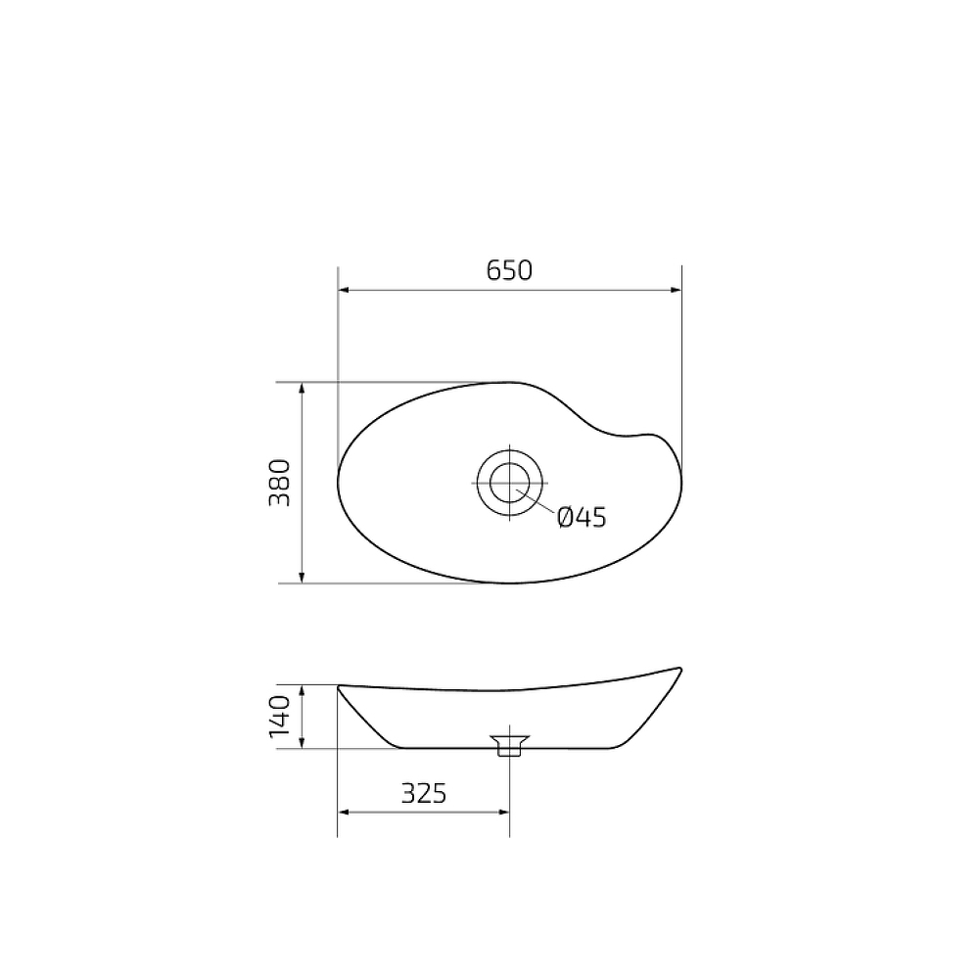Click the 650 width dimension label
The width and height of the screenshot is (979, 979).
click(x=509, y=270)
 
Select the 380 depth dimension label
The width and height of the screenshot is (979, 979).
click(x=280, y=483)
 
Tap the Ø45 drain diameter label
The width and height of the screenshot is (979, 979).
click(x=582, y=517)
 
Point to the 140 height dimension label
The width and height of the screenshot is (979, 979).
click(x=280, y=717)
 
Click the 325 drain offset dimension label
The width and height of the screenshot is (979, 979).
click(x=423, y=793)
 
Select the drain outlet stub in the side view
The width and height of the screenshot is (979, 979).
click(x=509, y=747)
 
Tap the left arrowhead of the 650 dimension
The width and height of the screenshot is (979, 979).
click(x=344, y=290)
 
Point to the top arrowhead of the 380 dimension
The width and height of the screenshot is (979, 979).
click(x=303, y=389)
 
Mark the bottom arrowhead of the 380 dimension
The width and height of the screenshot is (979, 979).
click(x=303, y=578)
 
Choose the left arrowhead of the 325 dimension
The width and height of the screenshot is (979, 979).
click(x=344, y=812)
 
